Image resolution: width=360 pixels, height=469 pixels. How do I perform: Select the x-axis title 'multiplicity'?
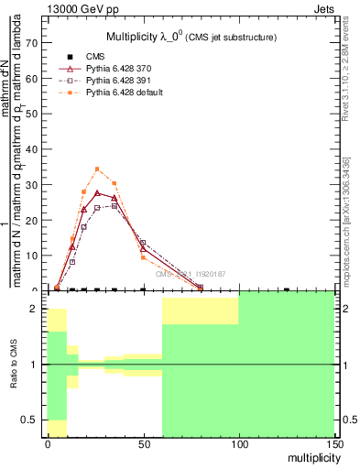coord(309,456)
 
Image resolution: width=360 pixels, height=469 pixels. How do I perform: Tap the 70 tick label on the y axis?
coord(32,43)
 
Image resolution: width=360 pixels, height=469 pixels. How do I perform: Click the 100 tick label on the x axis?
coord(238,443)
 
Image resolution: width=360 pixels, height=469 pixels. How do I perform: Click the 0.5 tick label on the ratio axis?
coord(30,420)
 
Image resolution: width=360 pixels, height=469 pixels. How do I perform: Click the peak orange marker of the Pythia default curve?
coord(97,169)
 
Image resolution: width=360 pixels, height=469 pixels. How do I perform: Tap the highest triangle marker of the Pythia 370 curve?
coord(97,192)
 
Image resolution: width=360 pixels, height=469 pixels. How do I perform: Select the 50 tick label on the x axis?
coord(143,443)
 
